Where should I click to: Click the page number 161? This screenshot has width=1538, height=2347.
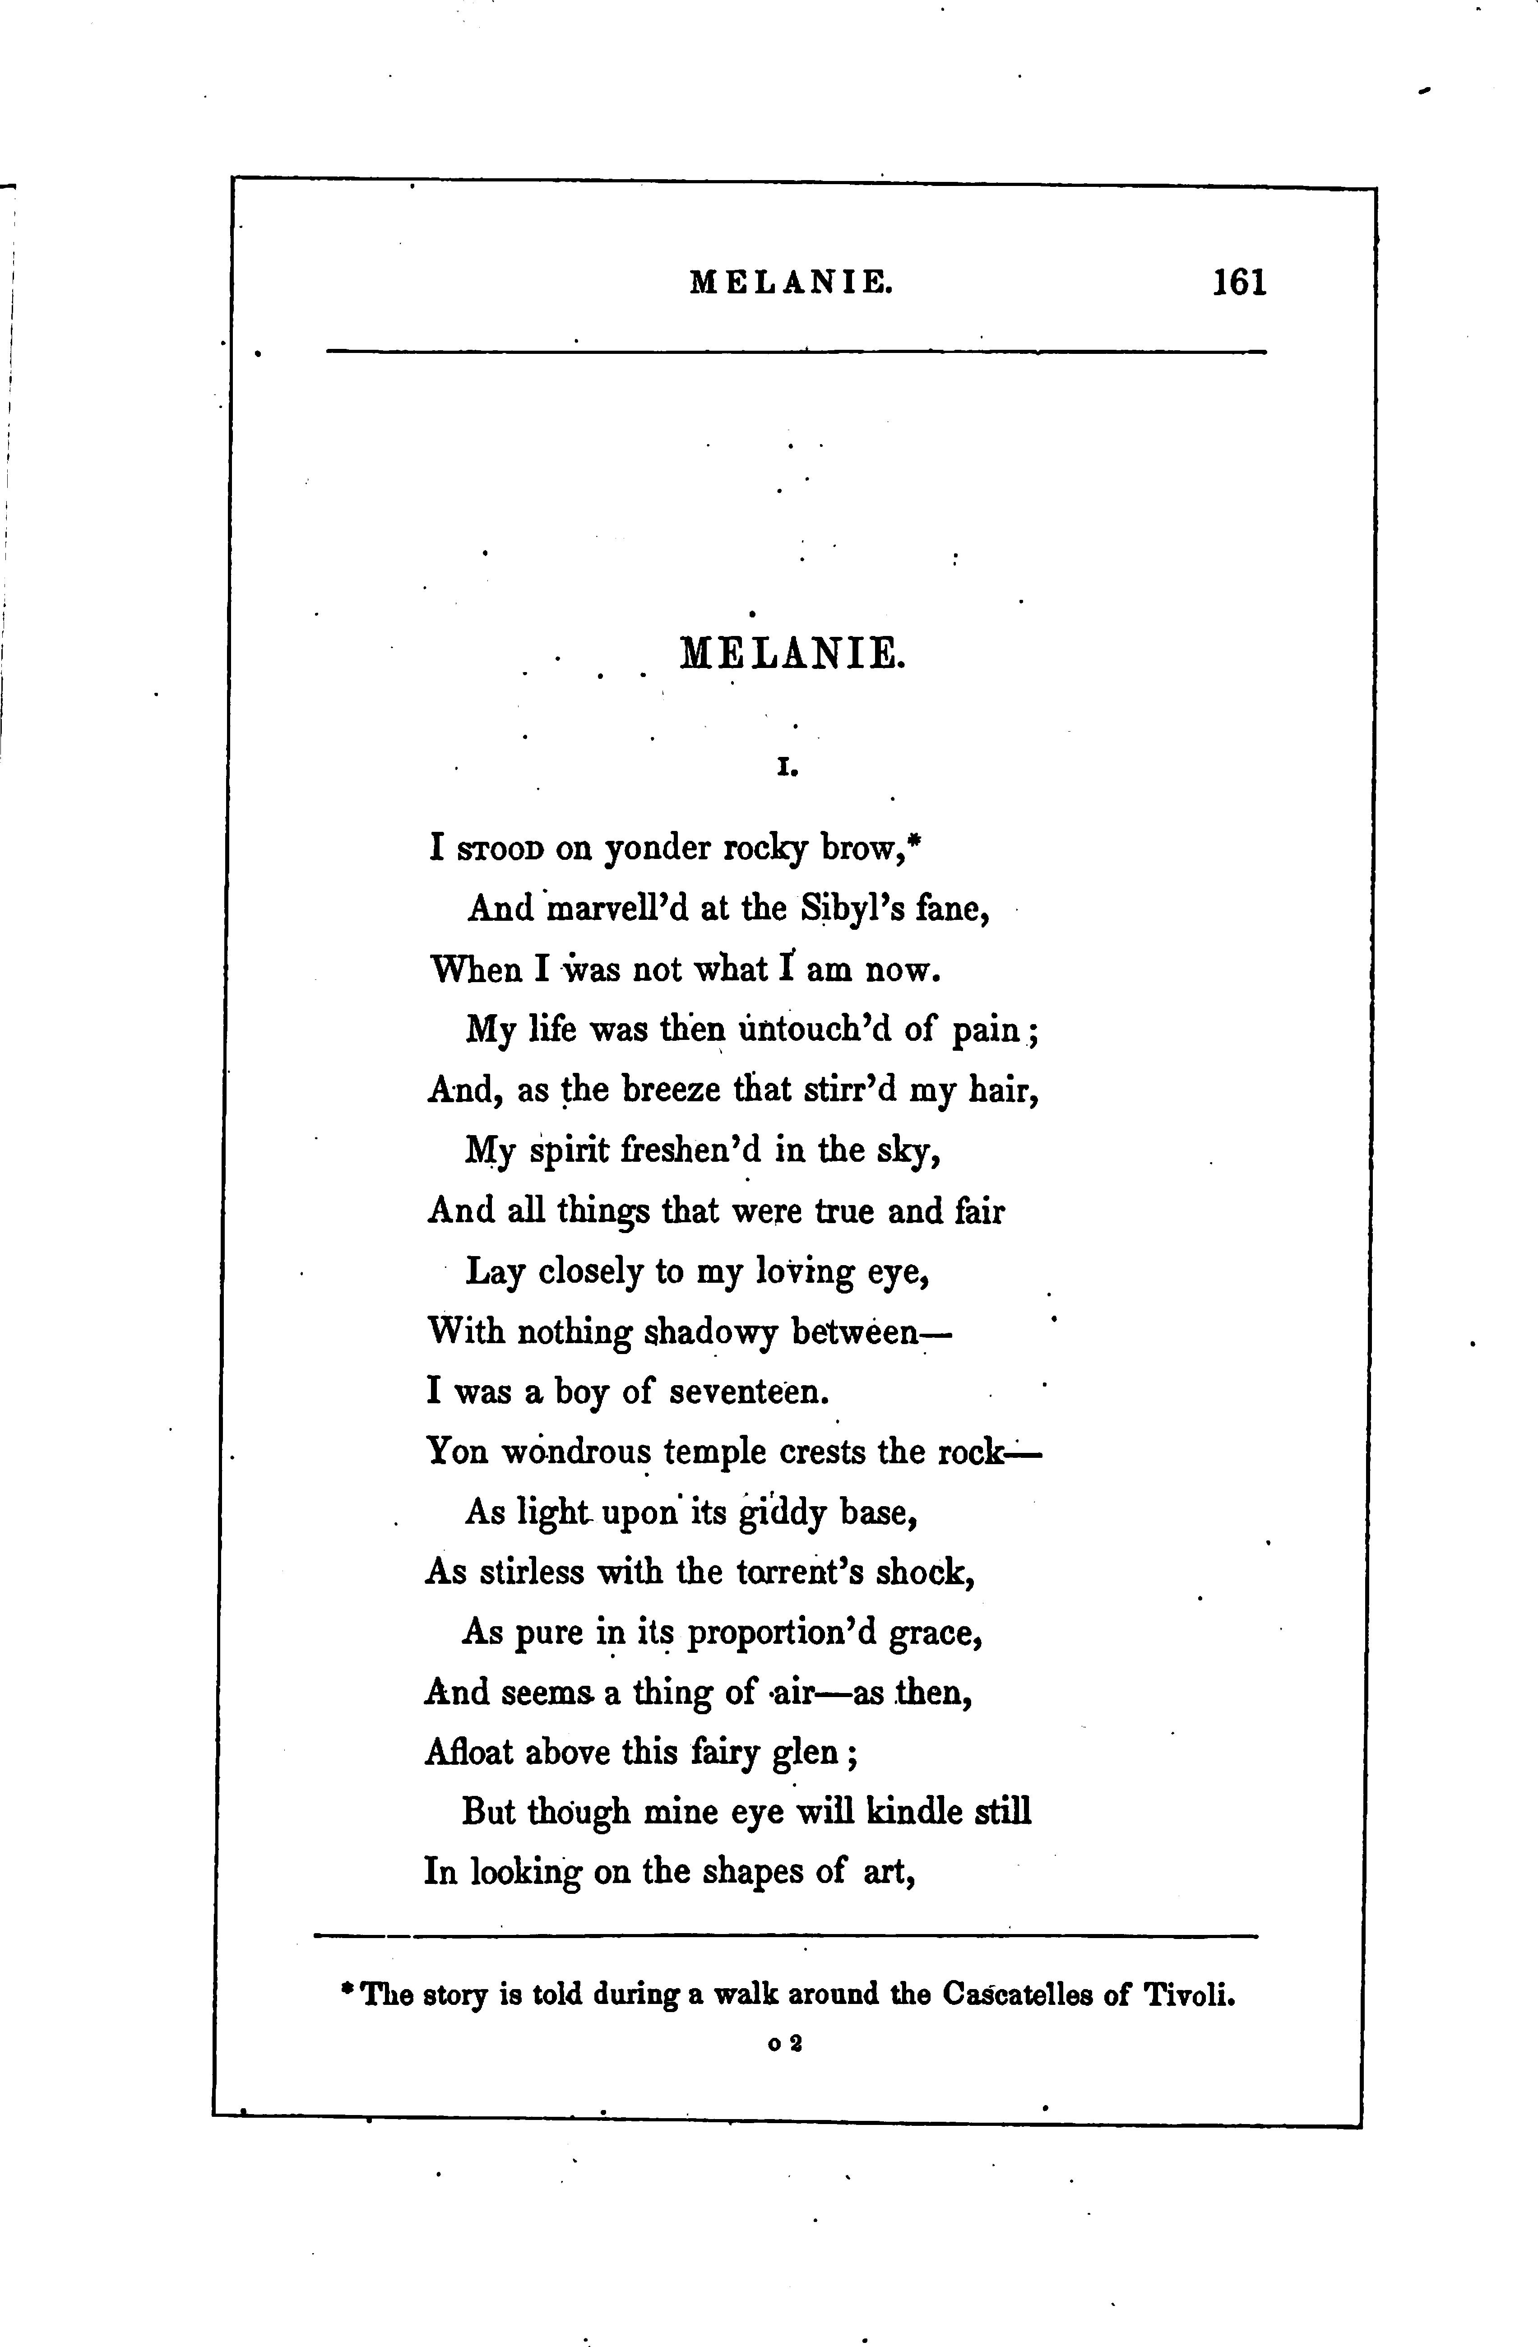(1239, 283)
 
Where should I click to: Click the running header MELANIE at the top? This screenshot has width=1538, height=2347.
(792, 284)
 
